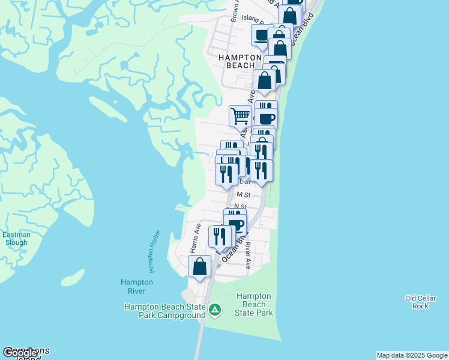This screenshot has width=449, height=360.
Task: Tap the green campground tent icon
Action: point(215,311)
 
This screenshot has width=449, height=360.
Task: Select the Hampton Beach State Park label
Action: point(255,304)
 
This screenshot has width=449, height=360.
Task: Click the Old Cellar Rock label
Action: point(417,302)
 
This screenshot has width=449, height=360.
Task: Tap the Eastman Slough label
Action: point(16,239)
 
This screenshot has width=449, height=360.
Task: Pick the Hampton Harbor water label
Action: point(154,251)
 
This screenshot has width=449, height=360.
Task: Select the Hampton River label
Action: point(136,286)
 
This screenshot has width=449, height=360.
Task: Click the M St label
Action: point(243,194)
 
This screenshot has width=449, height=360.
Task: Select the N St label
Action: point(240,206)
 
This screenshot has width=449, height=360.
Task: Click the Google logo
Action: point(20,353)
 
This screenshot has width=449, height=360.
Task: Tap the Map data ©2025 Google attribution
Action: point(411,355)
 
